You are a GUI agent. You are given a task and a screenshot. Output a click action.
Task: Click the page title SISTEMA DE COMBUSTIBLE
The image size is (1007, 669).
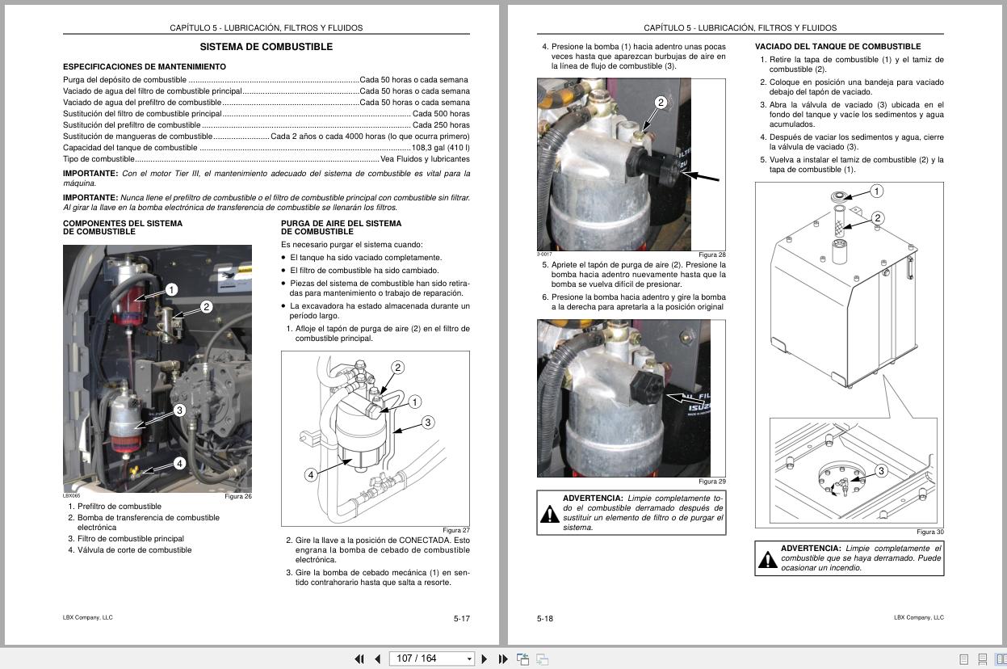[x=266, y=47]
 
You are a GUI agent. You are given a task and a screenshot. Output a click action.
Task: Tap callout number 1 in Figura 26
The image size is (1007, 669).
[x=171, y=289]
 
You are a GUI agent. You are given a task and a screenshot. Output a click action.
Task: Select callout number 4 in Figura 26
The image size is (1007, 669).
[x=179, y=463]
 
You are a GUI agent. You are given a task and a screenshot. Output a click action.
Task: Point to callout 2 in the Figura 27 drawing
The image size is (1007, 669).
[x=397, y=368]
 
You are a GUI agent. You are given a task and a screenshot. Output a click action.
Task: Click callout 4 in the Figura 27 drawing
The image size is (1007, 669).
[x=310, y=475]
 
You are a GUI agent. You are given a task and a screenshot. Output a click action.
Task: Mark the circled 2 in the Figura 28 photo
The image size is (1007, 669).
[x=661, y=103]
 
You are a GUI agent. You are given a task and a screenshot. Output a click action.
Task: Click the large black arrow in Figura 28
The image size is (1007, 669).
[x=703, y=177]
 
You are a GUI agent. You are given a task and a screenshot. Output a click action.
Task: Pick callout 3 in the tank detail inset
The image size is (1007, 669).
[x=881, y=471]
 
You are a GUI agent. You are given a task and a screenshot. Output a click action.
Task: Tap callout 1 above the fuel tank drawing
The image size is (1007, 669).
[x=876, y=191]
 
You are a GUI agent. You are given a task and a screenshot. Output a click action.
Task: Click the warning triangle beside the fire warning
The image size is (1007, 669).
[x=766, y=559]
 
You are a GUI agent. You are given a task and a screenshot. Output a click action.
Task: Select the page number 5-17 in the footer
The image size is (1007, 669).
[x=461, y=619]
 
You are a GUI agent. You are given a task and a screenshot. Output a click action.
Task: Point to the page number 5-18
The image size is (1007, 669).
[x=545, y=619]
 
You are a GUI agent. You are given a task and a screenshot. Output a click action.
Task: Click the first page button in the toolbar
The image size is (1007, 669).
[x=359, y=658]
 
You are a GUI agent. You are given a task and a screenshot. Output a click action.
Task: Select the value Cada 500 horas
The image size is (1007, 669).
[x=441, y=114]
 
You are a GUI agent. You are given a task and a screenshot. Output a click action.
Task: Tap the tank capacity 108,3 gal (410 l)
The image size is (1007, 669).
[x=440, y=148]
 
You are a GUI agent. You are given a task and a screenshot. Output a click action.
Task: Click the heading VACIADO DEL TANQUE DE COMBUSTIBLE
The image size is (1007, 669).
[x=837, y=47]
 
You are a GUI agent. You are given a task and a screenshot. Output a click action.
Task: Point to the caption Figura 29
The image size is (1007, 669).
[x=711, y=482]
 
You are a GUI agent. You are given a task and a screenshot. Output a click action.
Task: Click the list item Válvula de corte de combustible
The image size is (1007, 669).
[x=134, y=550]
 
